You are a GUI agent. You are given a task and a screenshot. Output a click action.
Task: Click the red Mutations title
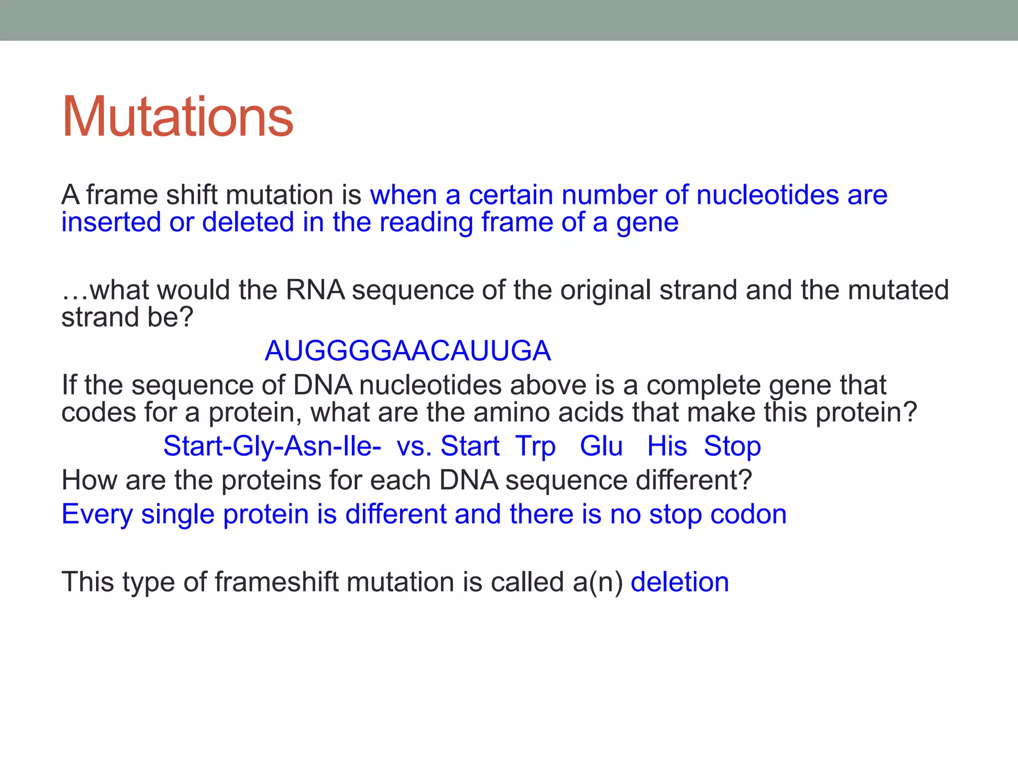tap(177, 117)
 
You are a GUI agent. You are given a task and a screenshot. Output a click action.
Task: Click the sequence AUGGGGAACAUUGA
tap(408, 351)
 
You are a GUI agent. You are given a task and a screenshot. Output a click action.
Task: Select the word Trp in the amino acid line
tap(535, 446)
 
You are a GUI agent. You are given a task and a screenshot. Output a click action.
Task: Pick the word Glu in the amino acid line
tap(601, 446)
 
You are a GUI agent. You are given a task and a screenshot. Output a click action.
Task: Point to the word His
tap(667, 446)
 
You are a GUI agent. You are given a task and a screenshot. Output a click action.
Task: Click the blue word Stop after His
tap(732, 446)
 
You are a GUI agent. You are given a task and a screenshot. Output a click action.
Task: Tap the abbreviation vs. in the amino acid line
tap(414, 446)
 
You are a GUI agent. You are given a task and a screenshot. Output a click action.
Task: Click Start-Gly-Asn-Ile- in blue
tap(272, 446)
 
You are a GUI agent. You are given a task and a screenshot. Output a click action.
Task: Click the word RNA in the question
tap(315, 290)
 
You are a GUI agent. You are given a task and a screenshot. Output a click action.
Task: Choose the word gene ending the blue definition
tap(647, 222)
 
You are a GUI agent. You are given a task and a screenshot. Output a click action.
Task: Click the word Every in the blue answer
tap(97, 514)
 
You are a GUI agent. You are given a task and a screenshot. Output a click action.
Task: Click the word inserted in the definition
tap(111, 222)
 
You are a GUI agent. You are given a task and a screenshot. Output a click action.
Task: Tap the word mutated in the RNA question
tap(898, 290)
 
